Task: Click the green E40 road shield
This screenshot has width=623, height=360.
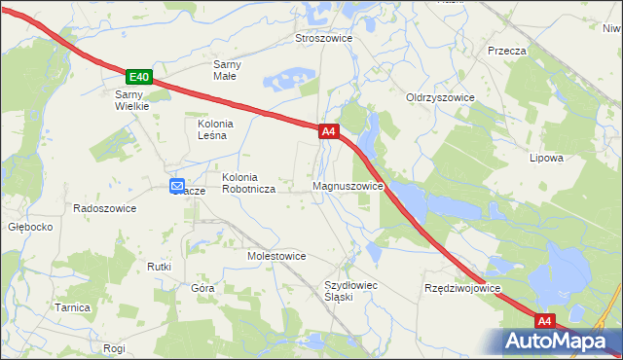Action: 139,77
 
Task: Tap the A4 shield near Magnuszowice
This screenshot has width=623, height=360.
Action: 328,130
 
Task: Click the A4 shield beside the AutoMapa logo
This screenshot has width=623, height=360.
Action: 544,320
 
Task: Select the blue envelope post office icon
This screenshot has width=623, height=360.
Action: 177,186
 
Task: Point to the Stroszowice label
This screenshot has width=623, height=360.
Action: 323,39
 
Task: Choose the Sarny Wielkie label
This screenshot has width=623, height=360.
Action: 131,100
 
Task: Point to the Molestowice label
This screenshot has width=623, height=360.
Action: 276,256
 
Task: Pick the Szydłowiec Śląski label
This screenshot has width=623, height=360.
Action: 349,291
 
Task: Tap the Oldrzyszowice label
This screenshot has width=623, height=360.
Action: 440,98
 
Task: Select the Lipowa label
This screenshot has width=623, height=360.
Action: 546,158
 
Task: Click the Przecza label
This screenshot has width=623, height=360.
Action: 507,51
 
